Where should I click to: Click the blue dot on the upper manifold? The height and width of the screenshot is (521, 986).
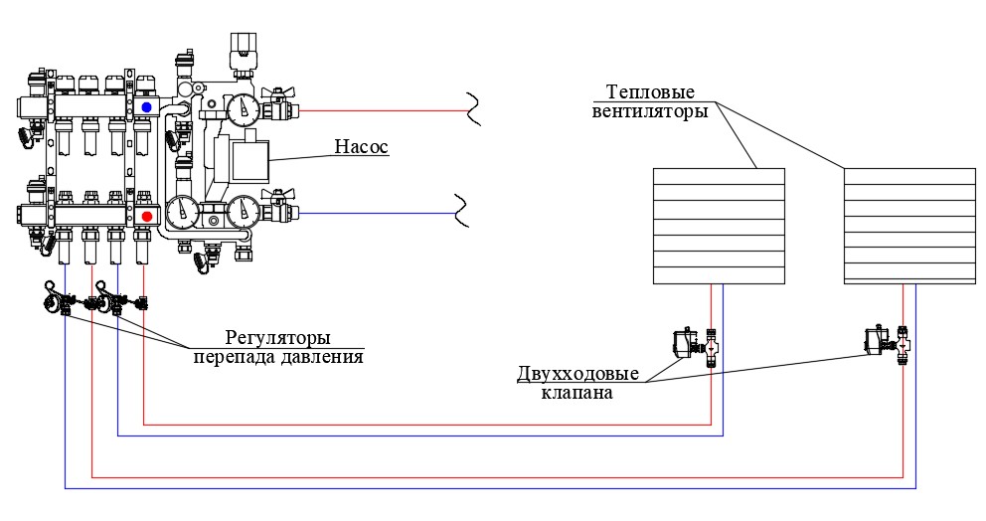(x=147, y=106)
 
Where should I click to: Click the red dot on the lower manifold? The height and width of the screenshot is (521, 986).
(x=147, y=216)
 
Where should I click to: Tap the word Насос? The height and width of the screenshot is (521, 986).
(x=360, y=148)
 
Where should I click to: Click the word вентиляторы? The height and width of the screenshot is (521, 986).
(x=649, y=111)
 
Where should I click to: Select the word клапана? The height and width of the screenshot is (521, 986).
(x=576, y=393)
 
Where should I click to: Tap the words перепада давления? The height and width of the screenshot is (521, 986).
(x=277, y=356)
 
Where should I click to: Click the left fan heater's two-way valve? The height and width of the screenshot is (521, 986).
(x=698, y=346)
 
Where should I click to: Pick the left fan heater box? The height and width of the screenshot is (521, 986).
(x=718, y=225)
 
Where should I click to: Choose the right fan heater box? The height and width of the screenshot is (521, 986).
(x=908, y=225)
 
